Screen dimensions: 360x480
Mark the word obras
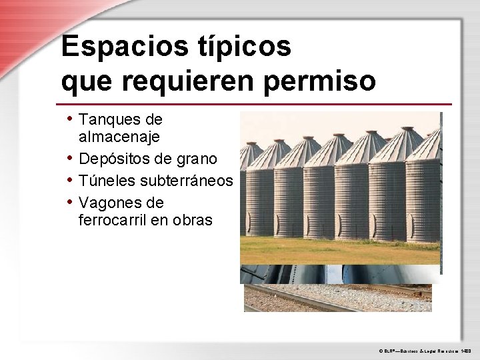193,219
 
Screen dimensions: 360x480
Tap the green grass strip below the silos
340,251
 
